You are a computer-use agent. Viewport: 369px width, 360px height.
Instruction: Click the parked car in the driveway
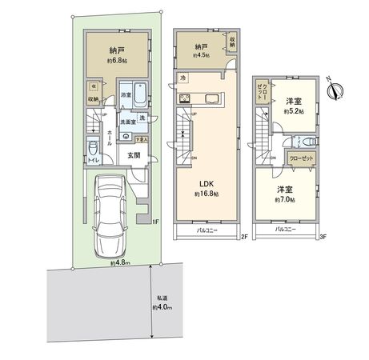click(x=110, y=213)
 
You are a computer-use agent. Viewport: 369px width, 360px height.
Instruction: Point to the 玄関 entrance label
click(x=133, y=156)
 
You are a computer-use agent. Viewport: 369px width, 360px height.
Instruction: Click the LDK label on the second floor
click(x=207, y=182)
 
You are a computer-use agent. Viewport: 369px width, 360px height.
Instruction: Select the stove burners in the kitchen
click(x=185, y=99)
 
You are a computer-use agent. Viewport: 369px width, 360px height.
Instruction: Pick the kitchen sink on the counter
click(x=213, y=99)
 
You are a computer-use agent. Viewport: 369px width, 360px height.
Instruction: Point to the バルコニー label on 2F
click(x=209, y=231)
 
